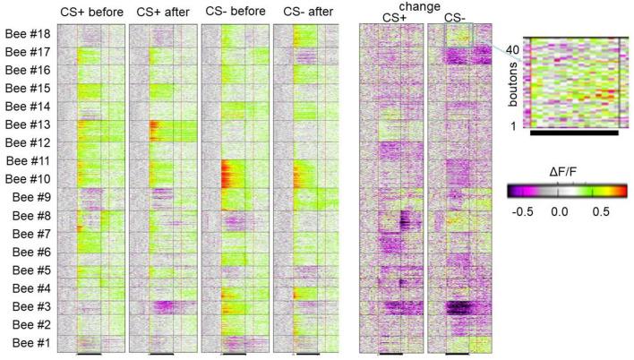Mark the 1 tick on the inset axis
click(x=513, y=126)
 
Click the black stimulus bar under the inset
click(x=573, y=133)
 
